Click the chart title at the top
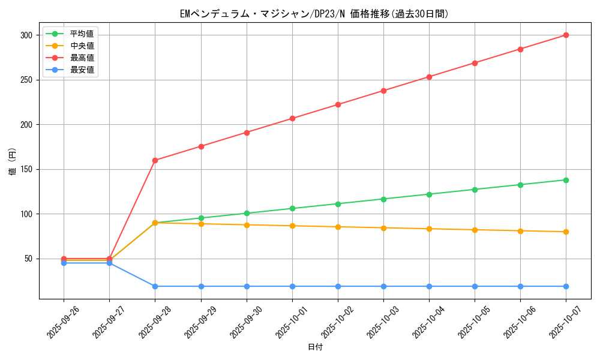point(314,14)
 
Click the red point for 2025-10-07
point(566,35)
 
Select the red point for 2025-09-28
point(155,160)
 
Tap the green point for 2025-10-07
point(566,180)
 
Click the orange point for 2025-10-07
point(566,232)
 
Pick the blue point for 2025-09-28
point(155,286)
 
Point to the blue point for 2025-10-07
point(566,286)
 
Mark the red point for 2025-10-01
point(292,118)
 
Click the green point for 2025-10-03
point(383,199)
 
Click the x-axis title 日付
point(314,347)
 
